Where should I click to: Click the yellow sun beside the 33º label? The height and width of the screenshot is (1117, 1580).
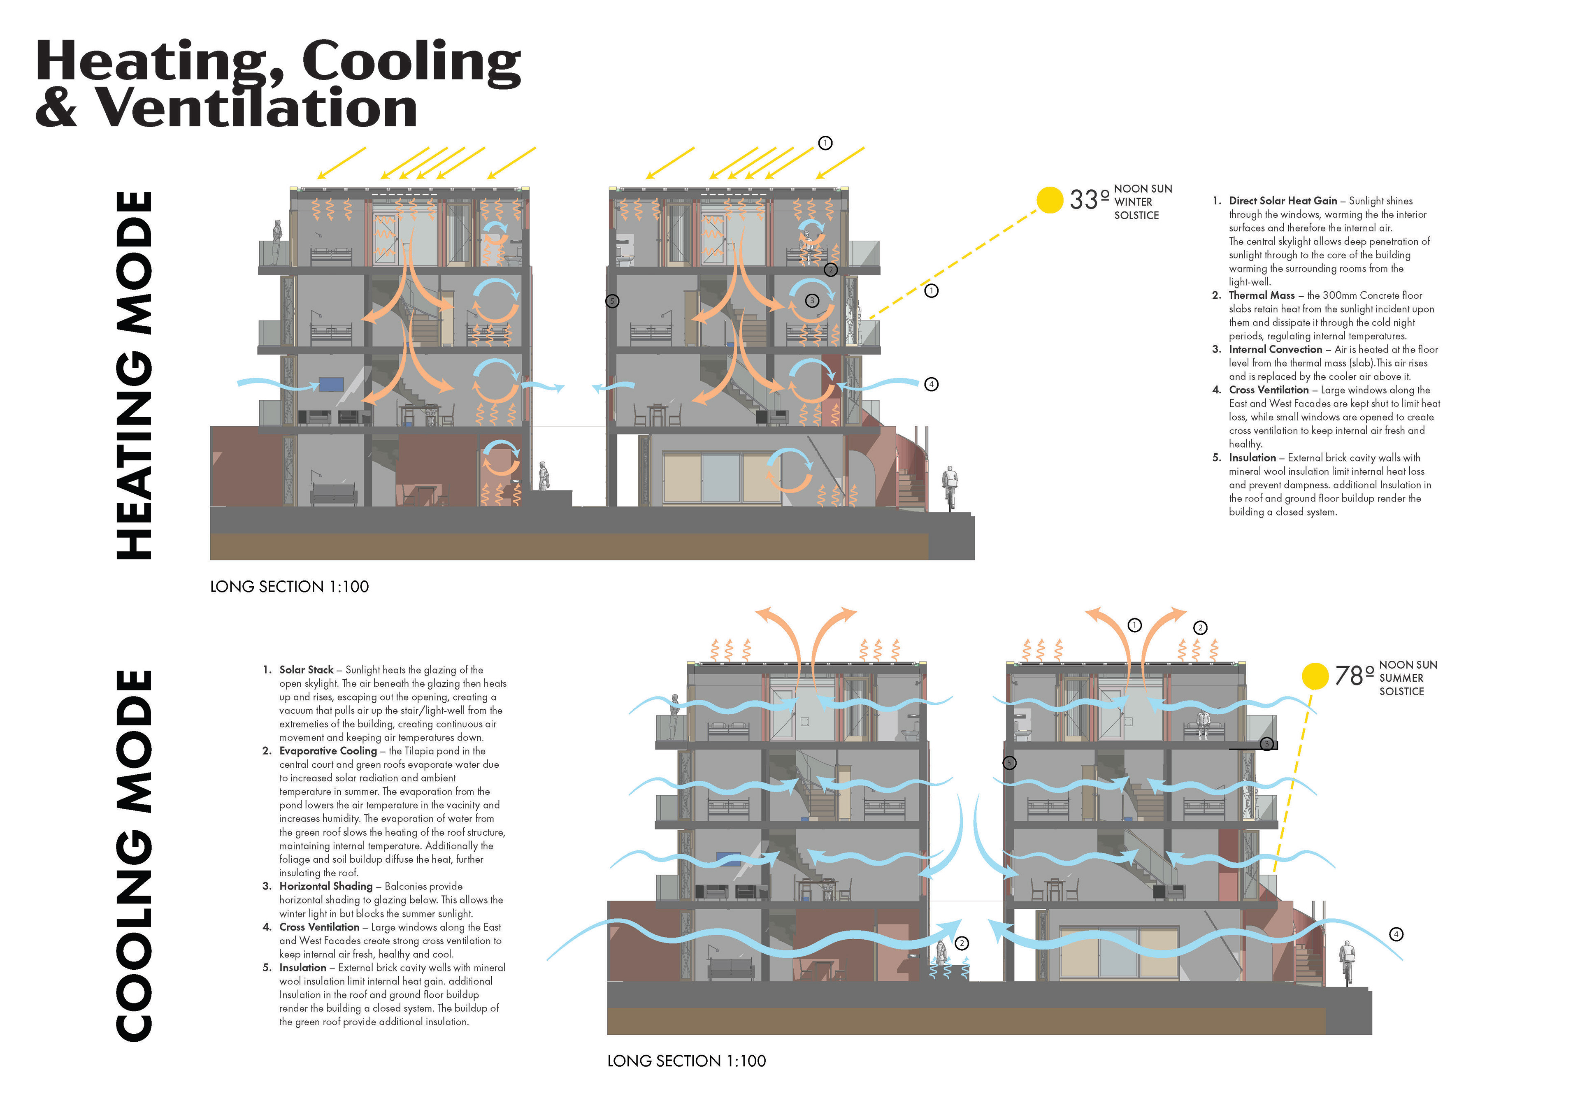pos(1050,200)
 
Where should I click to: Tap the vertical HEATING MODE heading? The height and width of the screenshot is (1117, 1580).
pos(134,375)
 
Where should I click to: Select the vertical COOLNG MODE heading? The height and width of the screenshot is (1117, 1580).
pos(134,855)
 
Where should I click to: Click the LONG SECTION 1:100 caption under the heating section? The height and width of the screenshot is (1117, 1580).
pos(289,586)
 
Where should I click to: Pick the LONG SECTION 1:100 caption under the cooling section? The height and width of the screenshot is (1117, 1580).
pos(686,1061)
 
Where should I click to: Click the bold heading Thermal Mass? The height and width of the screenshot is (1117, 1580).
pos(1262,295)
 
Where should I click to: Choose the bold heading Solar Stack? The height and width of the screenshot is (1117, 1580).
pos(306,670)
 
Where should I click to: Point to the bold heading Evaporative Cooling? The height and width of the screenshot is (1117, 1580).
pos(328,751)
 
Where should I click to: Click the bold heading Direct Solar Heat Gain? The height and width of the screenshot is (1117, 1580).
pos(1283,201)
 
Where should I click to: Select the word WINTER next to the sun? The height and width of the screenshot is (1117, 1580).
pos(1133,202)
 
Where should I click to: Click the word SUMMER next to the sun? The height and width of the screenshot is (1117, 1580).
pos(1401,678)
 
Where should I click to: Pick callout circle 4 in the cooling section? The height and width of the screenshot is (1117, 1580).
pos(1396,934)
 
